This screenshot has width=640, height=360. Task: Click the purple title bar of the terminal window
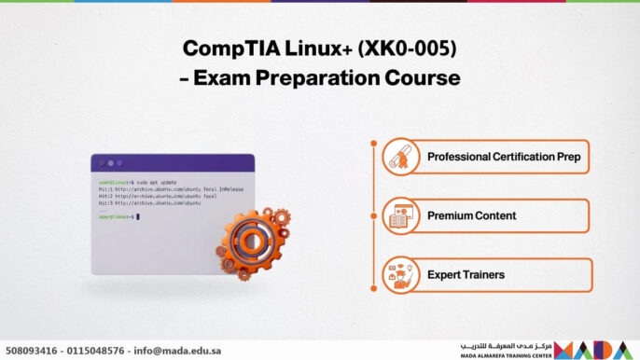173,162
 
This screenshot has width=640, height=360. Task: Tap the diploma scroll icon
400,157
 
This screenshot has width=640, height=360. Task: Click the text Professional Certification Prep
503,157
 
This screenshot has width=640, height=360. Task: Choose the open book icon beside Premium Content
400,216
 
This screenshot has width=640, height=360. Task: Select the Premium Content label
471,216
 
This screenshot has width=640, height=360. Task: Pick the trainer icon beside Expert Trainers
400,275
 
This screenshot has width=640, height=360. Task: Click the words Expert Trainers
466,275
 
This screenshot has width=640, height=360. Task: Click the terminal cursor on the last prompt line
137,216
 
